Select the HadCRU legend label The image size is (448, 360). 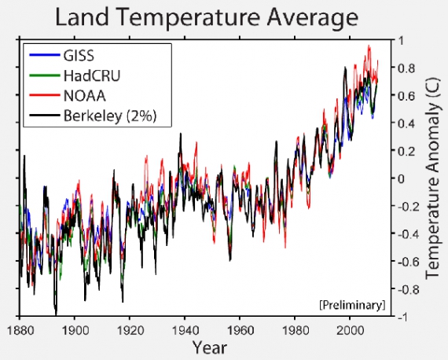coord(89,75)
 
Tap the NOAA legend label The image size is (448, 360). coord(79,96)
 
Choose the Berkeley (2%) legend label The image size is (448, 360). coord(110,116)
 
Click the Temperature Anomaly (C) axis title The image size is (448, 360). coord(431,178)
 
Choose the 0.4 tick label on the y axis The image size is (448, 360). coord(405,123)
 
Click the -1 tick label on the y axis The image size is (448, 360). coord(403,317)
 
